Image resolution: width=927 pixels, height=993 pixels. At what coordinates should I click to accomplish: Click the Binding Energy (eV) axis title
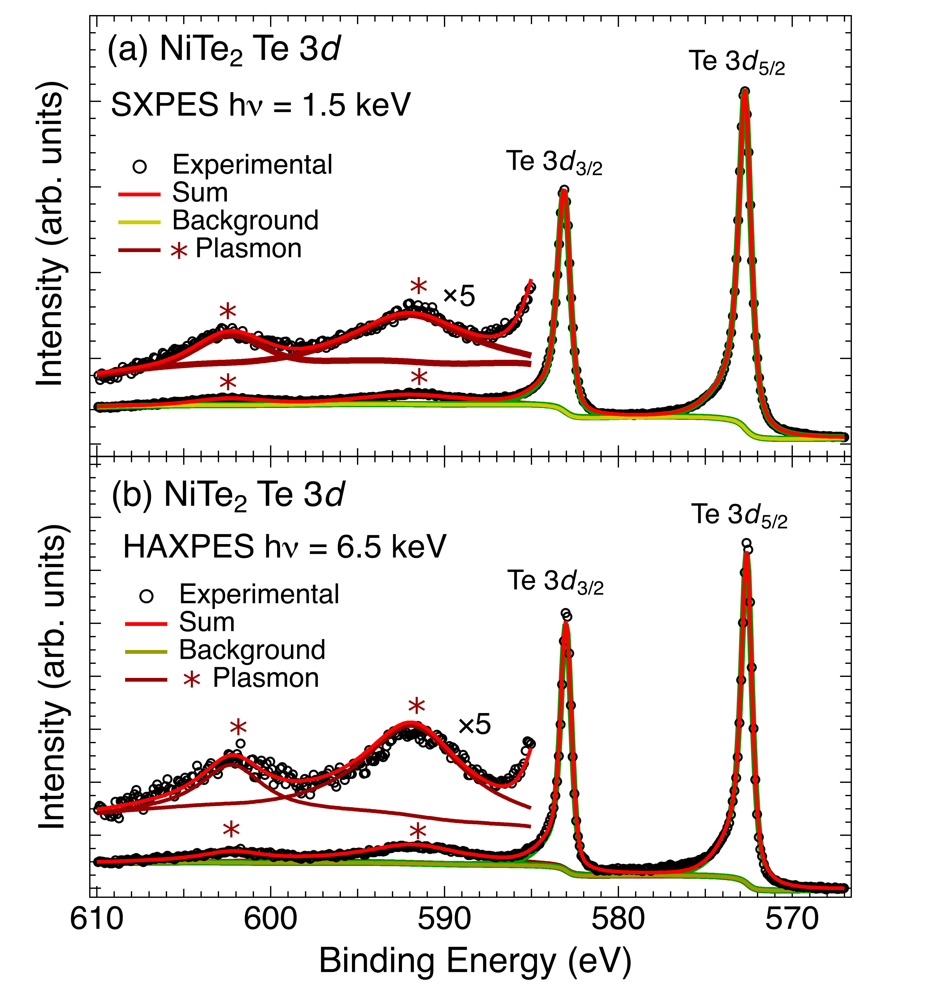point(475,962)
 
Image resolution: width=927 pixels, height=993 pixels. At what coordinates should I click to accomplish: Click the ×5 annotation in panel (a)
point(459,296)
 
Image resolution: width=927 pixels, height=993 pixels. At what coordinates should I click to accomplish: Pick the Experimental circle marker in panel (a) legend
point(139,165)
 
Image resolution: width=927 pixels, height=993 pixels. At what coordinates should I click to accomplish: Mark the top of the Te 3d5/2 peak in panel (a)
point(745,91)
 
